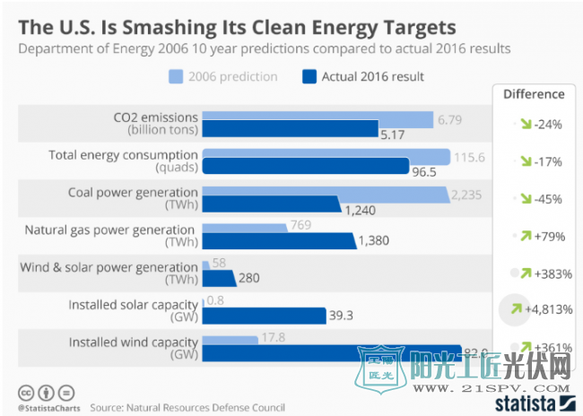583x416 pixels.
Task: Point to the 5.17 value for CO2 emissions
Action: [394, 135]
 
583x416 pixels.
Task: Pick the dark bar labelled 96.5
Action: [305, 167]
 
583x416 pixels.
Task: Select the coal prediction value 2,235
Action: [466, 194]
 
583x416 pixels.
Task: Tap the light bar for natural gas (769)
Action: [245, 228]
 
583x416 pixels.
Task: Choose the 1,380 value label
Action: [374, 241]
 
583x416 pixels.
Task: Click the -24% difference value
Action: [546, 125]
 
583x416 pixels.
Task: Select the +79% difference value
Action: [546, 236]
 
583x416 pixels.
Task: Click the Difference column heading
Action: [534, 93]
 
